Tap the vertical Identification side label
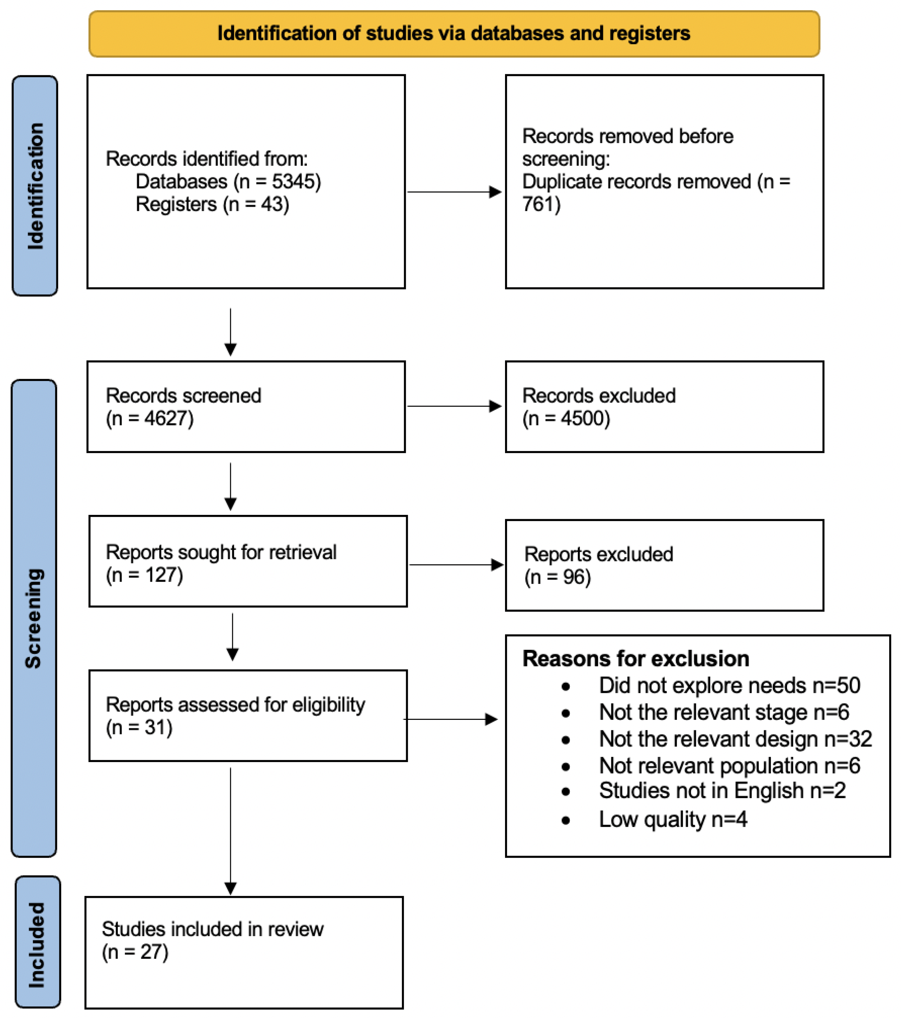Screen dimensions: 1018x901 (x=35, y=186)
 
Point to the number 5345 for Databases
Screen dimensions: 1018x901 (x=295, y=182)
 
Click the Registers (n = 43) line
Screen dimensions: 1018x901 (x=212, y=205)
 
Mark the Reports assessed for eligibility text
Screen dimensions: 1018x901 (x=235, y=705)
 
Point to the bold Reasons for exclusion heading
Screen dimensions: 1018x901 (x=635, y=659)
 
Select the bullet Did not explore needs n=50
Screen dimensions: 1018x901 (x=729, y=686)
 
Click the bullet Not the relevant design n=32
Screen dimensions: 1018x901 (x=735, y=739)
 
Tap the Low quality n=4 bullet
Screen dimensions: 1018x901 (x=673, y=819)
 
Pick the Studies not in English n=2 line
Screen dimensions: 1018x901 (x=722, y=791)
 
